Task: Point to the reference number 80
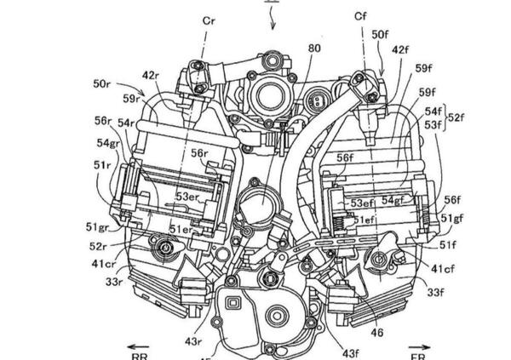290,49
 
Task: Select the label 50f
382,33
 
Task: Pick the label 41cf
443,271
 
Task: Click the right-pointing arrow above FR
419,348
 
